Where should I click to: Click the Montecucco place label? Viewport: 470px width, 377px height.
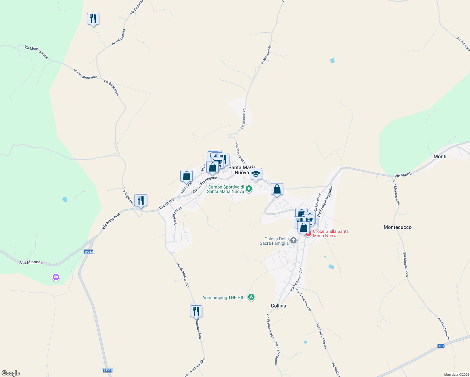point(397,227)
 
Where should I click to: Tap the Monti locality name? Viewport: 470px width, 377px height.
point(440,156)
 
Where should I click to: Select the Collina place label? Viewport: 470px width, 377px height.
point(278,306)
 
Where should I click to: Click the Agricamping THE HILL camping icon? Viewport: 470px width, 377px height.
point(251,297)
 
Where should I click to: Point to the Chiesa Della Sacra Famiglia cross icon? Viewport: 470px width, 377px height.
point(293,241)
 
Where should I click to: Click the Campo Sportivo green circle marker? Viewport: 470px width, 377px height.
point(249,189)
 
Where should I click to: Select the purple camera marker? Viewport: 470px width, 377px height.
point(56,277)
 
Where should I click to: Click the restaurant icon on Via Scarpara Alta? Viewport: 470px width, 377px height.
point(196,311)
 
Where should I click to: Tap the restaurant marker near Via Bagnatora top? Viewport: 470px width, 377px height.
point(93,19)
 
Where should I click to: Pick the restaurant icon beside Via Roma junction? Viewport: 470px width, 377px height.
point(141,200)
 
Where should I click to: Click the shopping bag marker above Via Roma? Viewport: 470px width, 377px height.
point(186,176)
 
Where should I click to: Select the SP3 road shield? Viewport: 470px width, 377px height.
point(441,346)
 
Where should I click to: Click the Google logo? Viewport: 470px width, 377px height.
point(11,373)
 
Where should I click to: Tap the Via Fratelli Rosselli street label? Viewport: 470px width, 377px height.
point(325,201)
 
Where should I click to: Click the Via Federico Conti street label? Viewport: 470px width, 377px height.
point(296,278)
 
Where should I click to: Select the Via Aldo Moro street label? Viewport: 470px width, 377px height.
point(178,216)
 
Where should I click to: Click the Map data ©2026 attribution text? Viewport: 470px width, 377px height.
point(455,374)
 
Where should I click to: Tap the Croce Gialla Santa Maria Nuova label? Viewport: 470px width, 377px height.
point(331,233)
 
